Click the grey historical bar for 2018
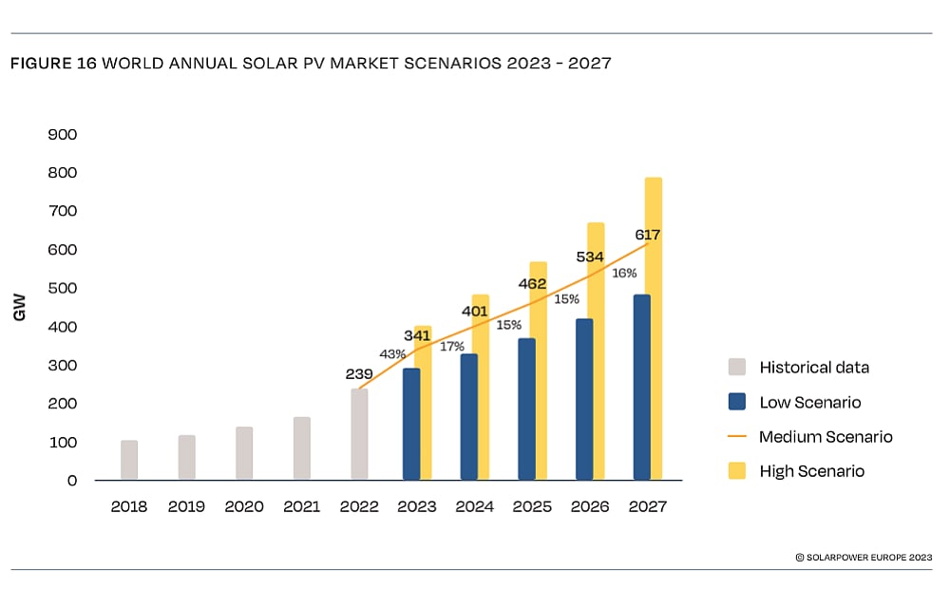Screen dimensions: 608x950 click(x=129, y=460)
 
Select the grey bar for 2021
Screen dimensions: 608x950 click(x=301, y=448)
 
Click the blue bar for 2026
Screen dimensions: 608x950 click(x=584, y=399)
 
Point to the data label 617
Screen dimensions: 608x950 click(x=648, y=235)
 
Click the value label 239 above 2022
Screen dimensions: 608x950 click(x=359, y=374)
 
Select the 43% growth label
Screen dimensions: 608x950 click(x=392, y=354)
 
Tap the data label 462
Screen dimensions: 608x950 click(x=531, y=283)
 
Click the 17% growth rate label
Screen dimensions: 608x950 click(x=452, y=347)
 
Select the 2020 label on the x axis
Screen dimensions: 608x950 click(x=244, y=506)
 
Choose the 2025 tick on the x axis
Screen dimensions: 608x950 click(x=532, y=506)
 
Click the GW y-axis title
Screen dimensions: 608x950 click(x=20, y=308)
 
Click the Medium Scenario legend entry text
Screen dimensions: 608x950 click(x=826, y=437)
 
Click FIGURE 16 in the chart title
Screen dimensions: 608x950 click(x=52, y=64)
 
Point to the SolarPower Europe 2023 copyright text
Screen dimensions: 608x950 click(x=864, y=558)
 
